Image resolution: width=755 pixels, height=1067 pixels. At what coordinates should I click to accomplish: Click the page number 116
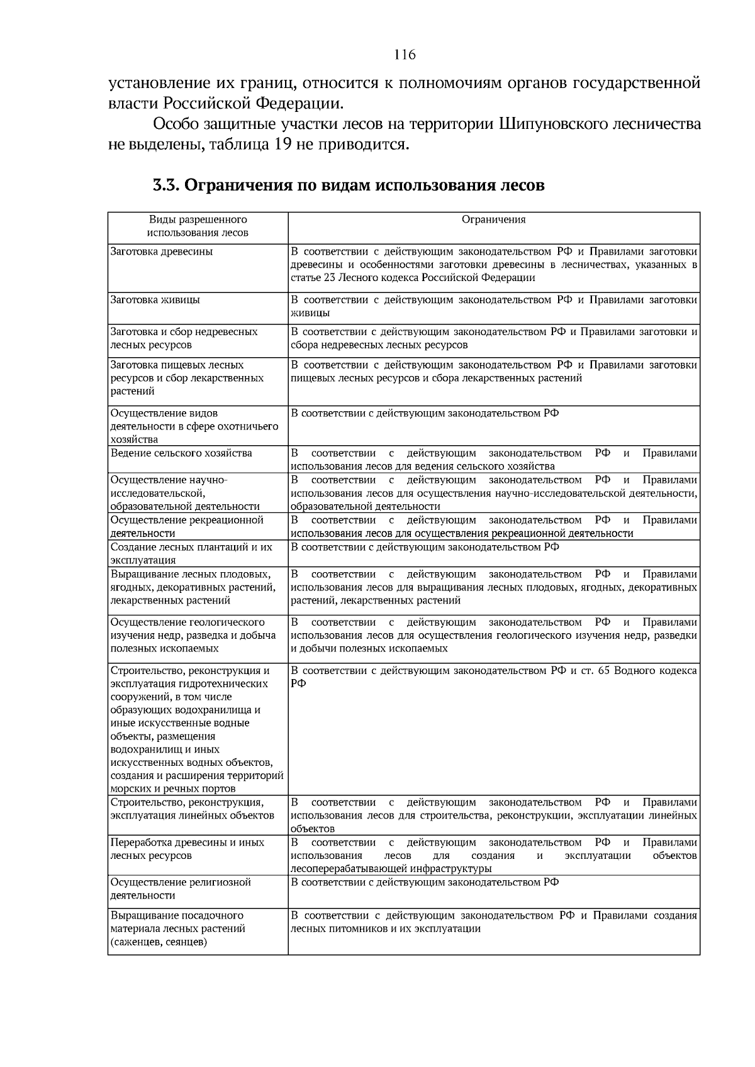[x=405, y=55]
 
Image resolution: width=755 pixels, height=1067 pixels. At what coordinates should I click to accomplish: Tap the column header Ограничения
[x=493, y=219]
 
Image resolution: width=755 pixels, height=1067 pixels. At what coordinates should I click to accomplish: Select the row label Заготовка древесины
[x=162, y=252]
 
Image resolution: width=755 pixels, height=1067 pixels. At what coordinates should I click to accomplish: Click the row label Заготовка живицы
[x=155, y=300]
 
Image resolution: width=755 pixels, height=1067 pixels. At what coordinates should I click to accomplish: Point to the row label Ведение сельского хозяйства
[x=181, y=453]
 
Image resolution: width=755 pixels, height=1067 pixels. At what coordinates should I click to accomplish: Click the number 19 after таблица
[x=282, y=145]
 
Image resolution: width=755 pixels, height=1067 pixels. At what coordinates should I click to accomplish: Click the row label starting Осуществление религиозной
[x=181, y=883]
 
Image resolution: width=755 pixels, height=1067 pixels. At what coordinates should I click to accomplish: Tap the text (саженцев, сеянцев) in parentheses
[x=159, y=942]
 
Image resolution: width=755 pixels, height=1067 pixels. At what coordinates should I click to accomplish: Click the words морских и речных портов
[x=173, y=788]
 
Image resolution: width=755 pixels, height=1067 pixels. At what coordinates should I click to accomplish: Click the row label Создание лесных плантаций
[x=191, y=547]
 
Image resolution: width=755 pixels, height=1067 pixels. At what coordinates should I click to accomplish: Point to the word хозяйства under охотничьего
[x=134, y=440]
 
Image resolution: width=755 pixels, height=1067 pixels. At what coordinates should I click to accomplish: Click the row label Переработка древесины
[x=187, y=843]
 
